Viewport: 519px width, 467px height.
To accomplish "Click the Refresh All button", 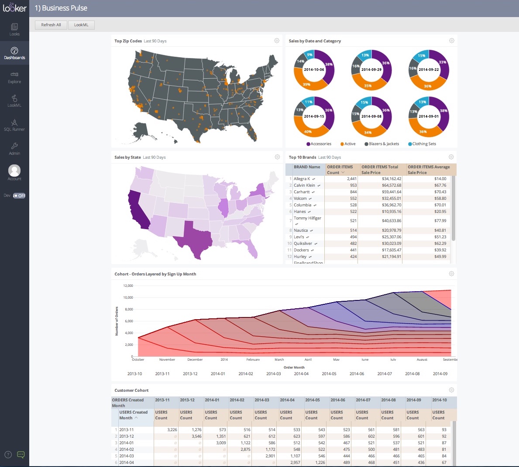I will coord(51,25).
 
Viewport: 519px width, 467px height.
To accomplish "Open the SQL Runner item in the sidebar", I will coord(14,125).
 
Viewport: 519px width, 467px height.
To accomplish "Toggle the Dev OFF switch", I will coord(19,195).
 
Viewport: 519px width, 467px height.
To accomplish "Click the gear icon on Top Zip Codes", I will coord(277,41).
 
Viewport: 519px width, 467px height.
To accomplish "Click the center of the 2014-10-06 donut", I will coord(314,70).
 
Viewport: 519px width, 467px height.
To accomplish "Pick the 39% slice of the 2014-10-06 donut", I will coord(306,84).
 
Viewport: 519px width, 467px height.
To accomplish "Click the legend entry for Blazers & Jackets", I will coord(383,144).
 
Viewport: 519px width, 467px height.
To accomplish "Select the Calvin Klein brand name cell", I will coord(304,185).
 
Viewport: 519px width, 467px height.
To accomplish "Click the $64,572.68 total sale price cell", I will coord(391,185).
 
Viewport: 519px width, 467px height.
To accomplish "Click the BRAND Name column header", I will coord(307,167).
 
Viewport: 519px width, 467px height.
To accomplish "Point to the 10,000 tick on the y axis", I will coord(128,297).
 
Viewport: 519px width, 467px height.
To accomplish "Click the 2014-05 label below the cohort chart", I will coord(329,374).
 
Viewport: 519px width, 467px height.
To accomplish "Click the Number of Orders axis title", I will coord(117,321).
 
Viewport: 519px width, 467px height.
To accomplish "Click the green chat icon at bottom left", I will coord(21,455).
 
